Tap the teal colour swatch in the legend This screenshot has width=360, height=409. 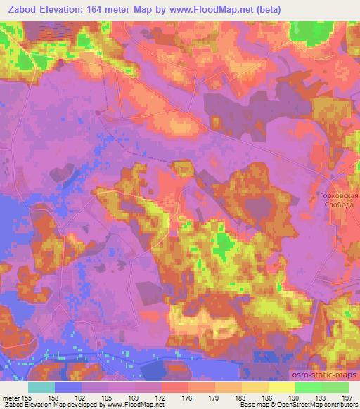pos(41,387)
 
